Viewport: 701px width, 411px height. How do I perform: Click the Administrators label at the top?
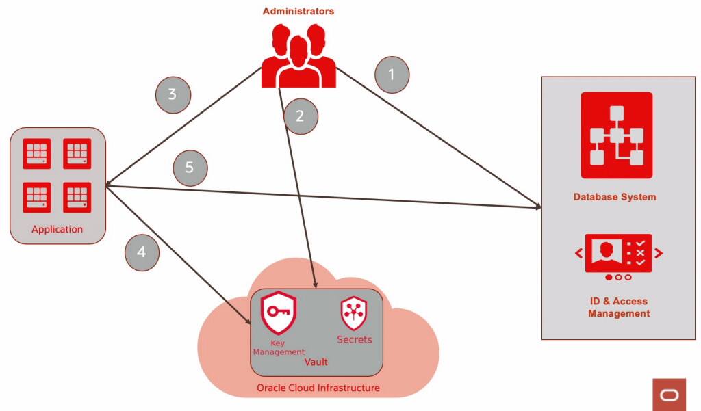click(298, 11)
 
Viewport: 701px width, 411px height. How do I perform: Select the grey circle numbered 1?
click(392, 75)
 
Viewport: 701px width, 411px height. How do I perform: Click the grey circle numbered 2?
click(299, 116)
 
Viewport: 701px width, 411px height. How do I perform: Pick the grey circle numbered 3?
click(173, 94)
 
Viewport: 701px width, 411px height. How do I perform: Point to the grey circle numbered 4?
click(142, 252)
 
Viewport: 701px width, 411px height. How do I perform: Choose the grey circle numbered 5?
click(190, 168)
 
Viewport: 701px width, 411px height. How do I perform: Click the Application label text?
click(57, 229)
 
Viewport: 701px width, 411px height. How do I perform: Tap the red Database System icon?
click(616, 135)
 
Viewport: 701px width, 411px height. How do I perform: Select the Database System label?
click(615, 197)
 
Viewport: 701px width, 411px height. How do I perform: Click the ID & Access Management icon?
click(618, 257)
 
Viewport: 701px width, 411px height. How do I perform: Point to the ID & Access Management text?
click(619, 307)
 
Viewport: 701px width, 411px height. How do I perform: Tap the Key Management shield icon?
click(278, 313)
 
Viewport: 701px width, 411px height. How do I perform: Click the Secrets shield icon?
click(354, 314)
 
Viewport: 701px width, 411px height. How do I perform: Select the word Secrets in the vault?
click(355, 339)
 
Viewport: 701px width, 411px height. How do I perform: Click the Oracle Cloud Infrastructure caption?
click(318, 388)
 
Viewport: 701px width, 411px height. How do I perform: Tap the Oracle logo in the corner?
click(669, 395)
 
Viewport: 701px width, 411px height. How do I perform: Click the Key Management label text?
click(279, 347)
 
